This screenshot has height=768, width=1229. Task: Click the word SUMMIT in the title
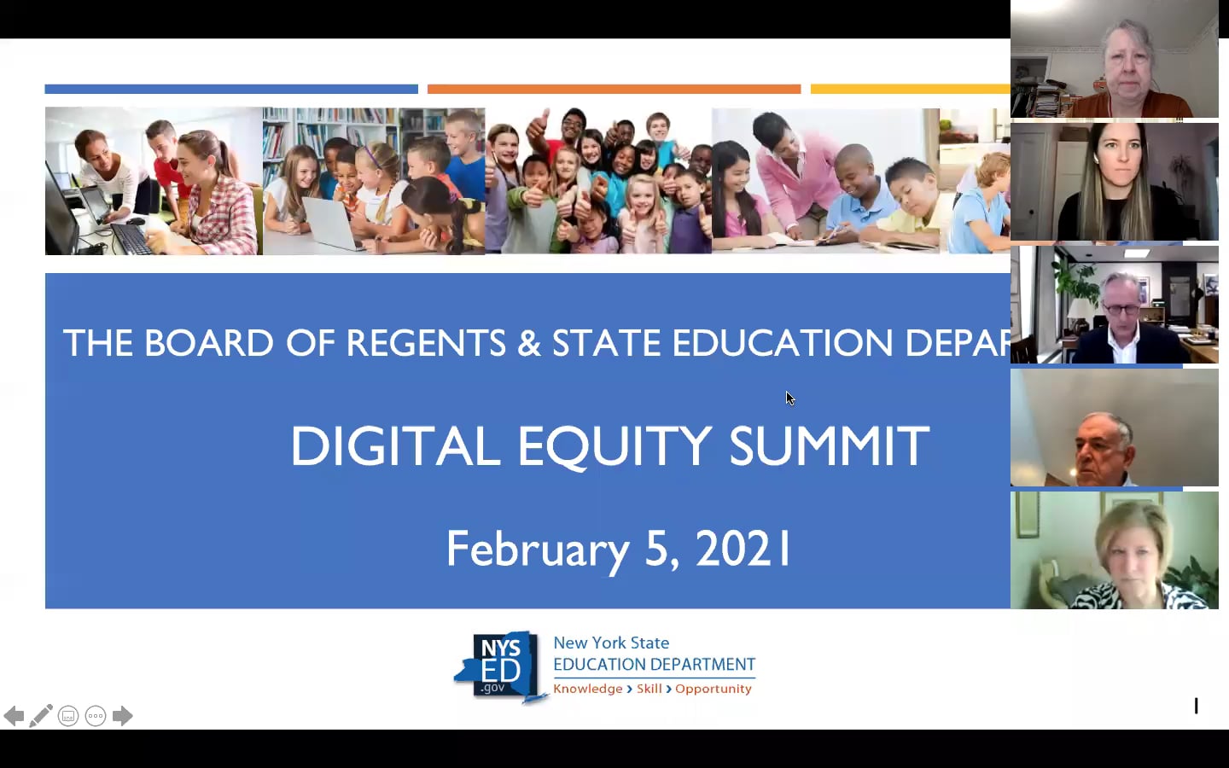pos(829,446)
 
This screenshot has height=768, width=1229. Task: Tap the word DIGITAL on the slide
pos(394,446)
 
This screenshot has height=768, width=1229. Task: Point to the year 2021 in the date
pos(743,549)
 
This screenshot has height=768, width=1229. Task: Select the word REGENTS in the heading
pos(426,343)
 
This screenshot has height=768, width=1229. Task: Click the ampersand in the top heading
pos(529,343)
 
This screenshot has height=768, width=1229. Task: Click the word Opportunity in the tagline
pos(714,689)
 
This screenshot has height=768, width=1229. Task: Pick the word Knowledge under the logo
pos(588,689)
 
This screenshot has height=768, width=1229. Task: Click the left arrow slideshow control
pos(14,716)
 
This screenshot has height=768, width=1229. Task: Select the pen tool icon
pos(41,716)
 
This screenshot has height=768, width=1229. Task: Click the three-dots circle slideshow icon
pos(96,716)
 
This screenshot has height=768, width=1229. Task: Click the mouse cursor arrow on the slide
pos(790,399)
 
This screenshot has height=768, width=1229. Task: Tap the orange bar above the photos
pos(614,89)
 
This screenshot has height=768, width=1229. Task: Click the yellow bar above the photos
pos(910,89)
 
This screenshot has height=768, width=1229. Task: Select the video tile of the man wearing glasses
pos(1114,305)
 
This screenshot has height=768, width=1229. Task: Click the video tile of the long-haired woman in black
pos(1114,182)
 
